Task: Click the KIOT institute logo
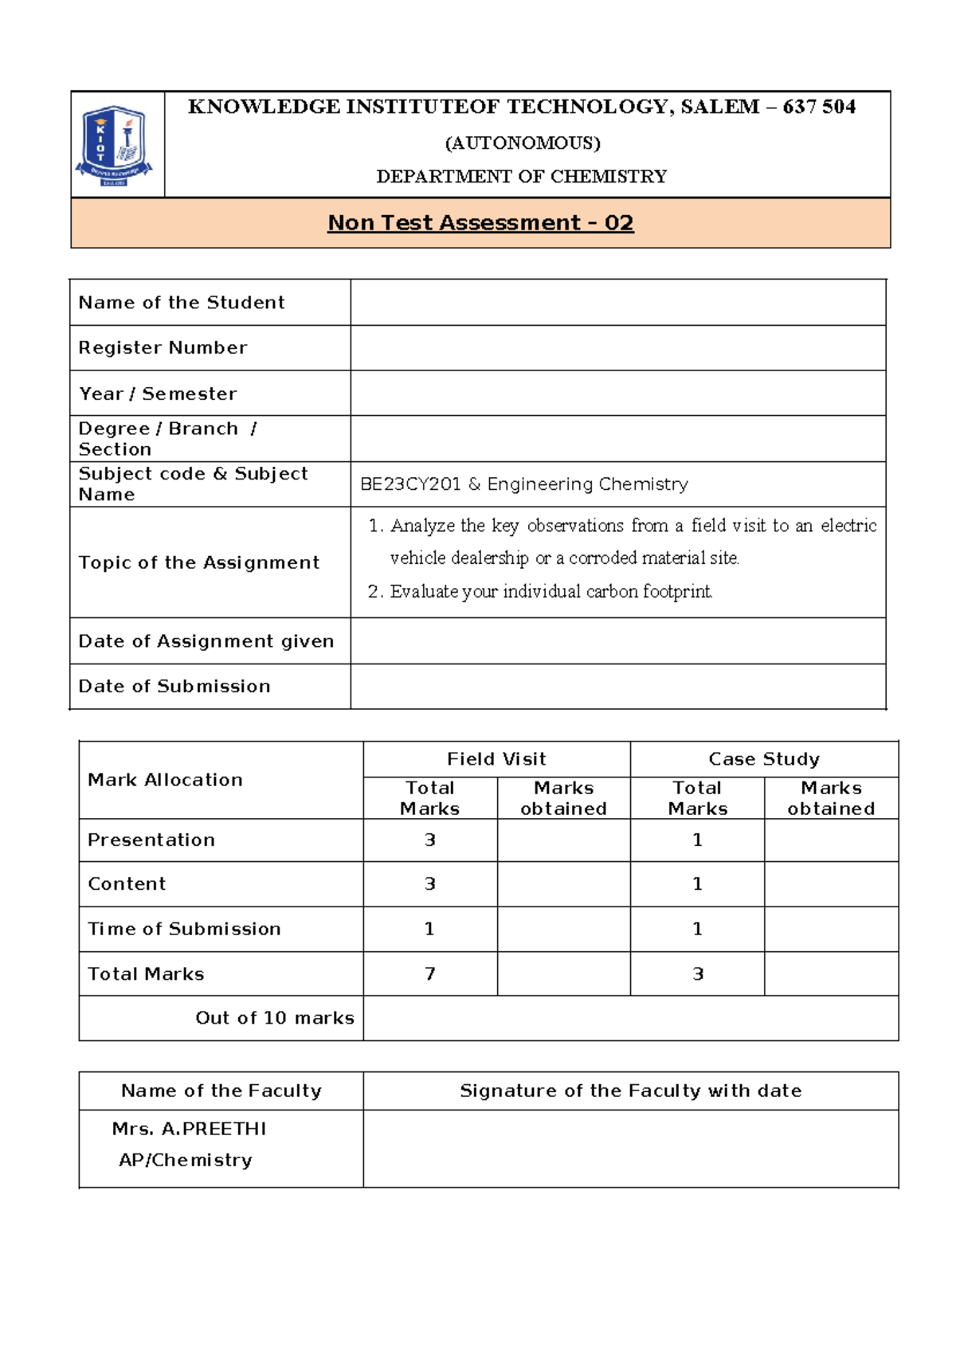115,145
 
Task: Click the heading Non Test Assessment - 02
480,223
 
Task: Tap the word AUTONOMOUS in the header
522,143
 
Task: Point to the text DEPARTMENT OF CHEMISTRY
521,177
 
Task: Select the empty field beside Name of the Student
617,303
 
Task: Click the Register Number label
163,348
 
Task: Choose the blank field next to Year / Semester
617,394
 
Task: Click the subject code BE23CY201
410,484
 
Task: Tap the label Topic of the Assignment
198,562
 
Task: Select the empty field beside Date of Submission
617,687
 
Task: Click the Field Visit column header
496,759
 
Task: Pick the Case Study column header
764,759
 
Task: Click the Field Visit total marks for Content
430,884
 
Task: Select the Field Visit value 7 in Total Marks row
430,974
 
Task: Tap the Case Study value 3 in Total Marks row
698,974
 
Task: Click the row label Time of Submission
184,929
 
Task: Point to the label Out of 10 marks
274,1018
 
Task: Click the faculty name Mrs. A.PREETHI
190,1129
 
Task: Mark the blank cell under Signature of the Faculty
630,1149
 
